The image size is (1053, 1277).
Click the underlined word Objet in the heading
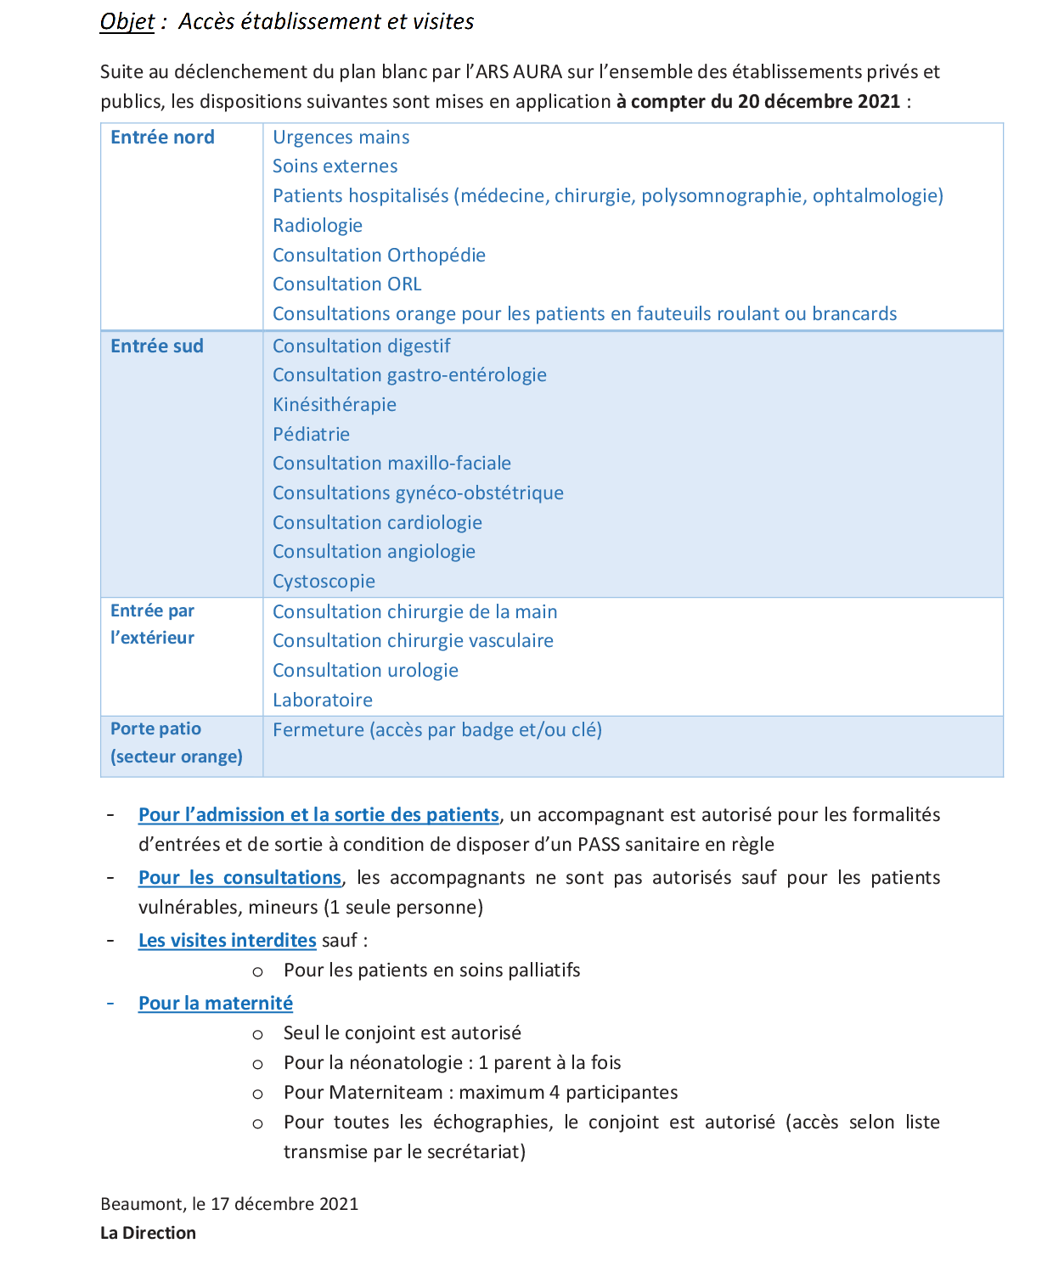tap(127, 21)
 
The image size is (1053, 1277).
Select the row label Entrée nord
tap(162, 138)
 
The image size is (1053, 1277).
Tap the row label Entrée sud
tap(157, 346)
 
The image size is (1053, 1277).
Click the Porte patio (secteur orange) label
tap(176, 743)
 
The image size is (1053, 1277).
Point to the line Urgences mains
tap(341, 138)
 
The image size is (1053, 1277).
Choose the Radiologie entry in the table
tap(318, 226)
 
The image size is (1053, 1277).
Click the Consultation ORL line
tap(346, 284)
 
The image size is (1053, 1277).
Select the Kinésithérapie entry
tap(335, 405)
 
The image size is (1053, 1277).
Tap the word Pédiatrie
tap(311, 435)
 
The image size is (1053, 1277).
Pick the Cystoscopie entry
tap(324, 582)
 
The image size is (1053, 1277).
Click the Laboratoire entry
tap(323, 700)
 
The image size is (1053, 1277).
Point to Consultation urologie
tap(365, 671)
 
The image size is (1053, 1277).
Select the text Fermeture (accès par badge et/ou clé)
tap(437, 730)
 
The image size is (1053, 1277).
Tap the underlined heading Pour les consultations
tap(239, 878)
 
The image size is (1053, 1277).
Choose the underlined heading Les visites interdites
tap(227, 941)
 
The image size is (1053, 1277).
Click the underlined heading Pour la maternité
tap(216, 1004)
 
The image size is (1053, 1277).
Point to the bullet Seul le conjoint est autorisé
tap(403, 1033)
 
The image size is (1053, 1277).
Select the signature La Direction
tap(148, 1233)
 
